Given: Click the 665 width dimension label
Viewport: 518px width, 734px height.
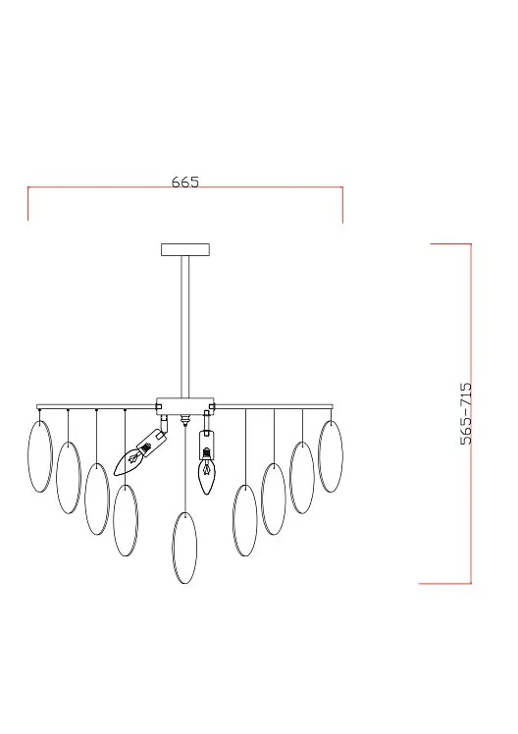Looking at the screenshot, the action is point(184,182).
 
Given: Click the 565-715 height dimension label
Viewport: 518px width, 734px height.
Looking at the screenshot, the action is point(467,413).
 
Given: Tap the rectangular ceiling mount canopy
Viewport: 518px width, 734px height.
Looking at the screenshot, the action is point(185,249).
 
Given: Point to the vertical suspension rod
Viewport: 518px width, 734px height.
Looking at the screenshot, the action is point(185,327).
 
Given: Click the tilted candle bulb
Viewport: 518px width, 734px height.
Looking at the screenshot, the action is point(128,462).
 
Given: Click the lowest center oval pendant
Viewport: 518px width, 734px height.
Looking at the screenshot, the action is point(184,548).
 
